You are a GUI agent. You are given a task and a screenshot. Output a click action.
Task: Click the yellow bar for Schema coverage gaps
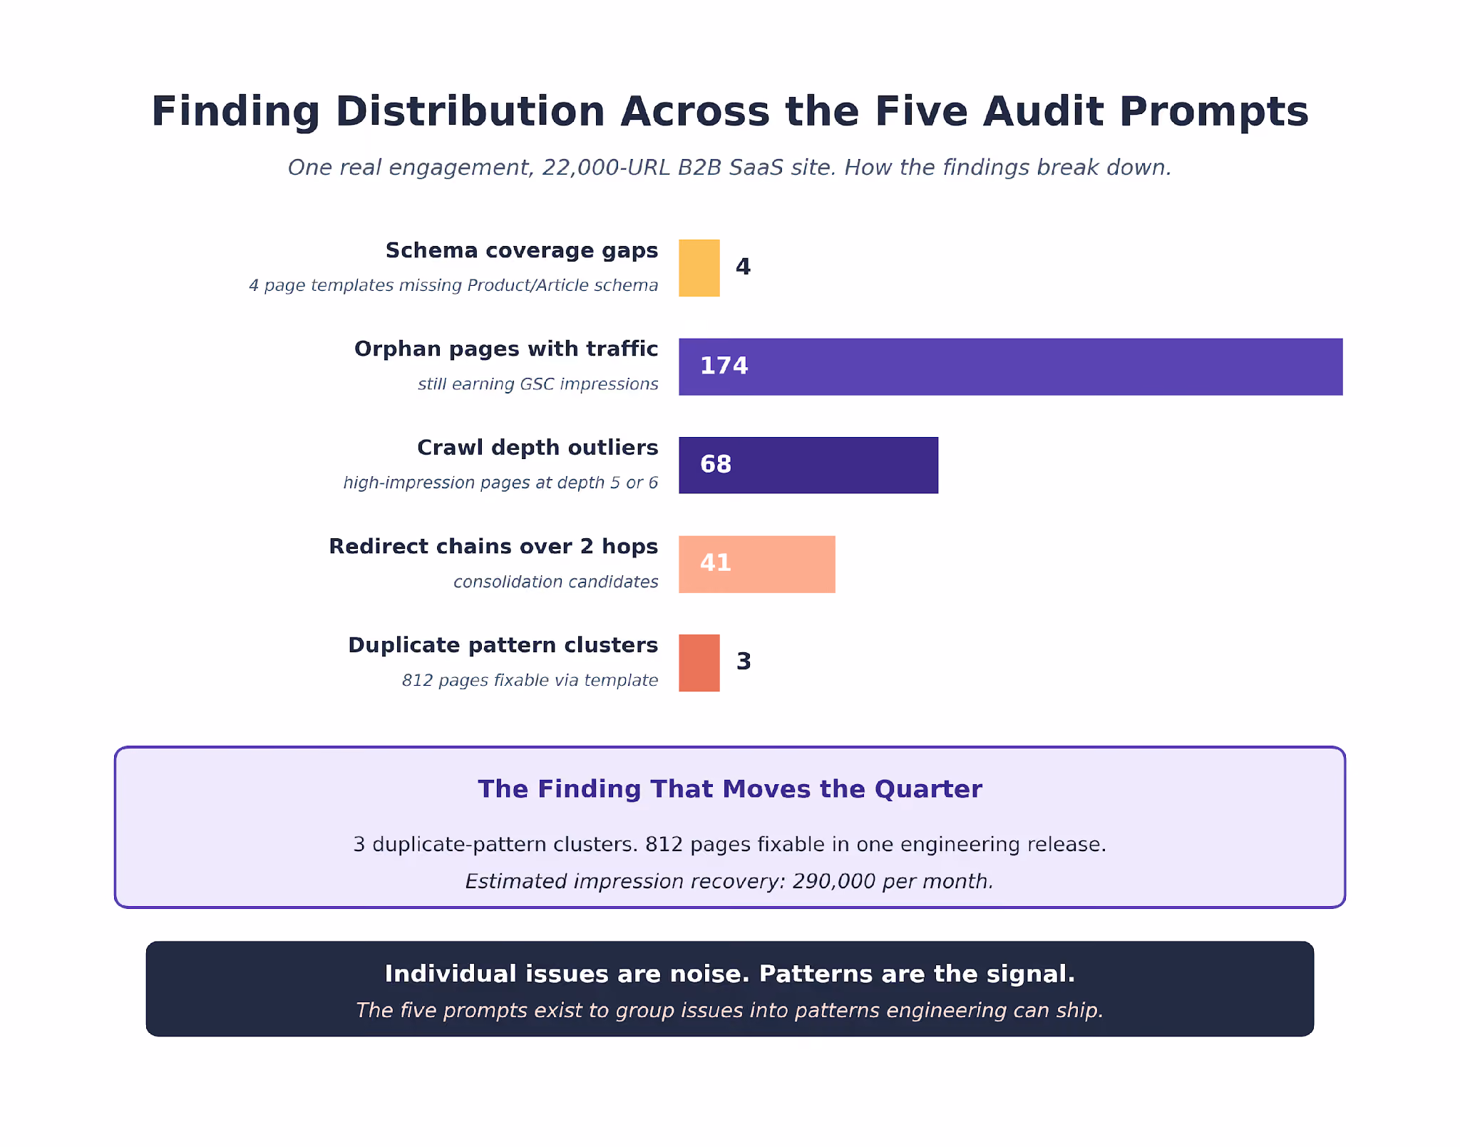pyautogui.click(x=699, y=267)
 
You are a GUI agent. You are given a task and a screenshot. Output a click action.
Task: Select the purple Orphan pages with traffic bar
pyautogui.click(x=1010, y=366)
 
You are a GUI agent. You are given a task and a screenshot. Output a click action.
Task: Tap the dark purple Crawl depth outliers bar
pyautogui.click(x=808, y=465)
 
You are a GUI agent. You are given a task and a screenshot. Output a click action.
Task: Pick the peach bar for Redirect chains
pyautogui.click(x=756, y=564)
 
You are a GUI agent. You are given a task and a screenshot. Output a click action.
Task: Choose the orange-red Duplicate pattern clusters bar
pyautogui.click(x=699, y=662)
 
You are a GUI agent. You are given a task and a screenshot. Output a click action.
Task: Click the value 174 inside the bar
pyautogui.click(x=724, y=366)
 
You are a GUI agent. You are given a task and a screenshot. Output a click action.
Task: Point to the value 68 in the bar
pyautogui.click(x=716, y=464)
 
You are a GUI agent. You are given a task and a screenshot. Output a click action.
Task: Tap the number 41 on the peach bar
pyautogui.click(x=716, y=562)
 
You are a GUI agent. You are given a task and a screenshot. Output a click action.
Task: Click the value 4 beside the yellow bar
pyautogui.click(x=743, y=267)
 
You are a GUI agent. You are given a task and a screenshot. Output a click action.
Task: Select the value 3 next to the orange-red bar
pyautogui.click(x=744, y=661)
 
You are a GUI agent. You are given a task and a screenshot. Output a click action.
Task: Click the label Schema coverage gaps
pyautogui.click(x=522, y=251)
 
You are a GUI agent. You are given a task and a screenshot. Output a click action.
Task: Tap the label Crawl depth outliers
pyautogui.click(x=538, y=448)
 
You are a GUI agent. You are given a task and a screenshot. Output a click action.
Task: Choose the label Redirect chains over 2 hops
pyautogui.click(x=493, y=547)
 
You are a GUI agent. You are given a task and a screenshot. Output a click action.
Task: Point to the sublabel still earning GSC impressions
pyautogui.click(x=538, y=384)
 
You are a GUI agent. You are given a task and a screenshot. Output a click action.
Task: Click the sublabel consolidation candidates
pyautogui.click(x=556, y=582)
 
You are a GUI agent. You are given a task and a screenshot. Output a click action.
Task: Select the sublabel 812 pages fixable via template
pyautogui.click(x=530, y=680)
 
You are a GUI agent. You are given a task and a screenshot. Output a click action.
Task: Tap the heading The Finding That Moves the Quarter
pyautogui.click(x=730, y=789)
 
